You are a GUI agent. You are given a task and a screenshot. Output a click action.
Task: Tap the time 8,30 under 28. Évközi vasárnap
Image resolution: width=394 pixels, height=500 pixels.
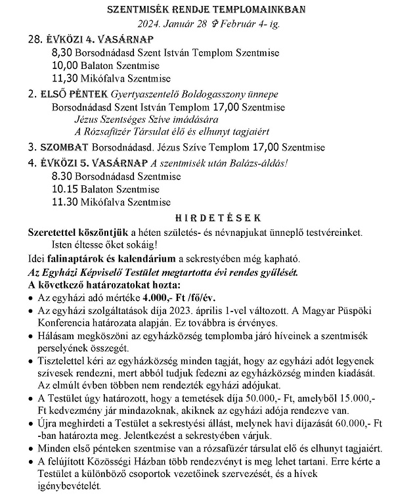pos(62,52)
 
